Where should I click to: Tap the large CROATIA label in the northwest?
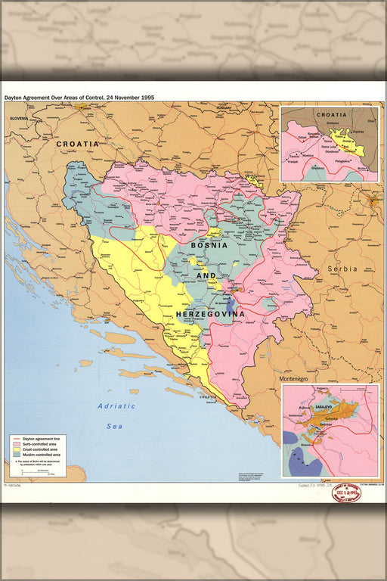coord(78,143)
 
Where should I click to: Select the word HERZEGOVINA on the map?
coord(210,313)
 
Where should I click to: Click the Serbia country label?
coord(342,269)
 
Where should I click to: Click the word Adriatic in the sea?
coord(116,406)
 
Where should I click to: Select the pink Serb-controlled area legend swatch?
coord(17,443)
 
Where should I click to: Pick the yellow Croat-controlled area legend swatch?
coord(17,449)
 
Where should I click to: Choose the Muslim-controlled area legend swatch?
coord(17,455)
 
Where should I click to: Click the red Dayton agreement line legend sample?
coord(17,438)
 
